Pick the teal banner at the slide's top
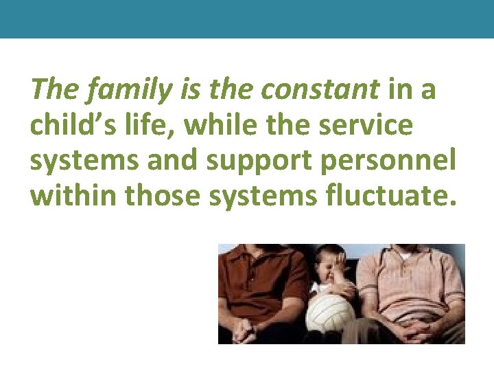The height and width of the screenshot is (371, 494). pos(247,19)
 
